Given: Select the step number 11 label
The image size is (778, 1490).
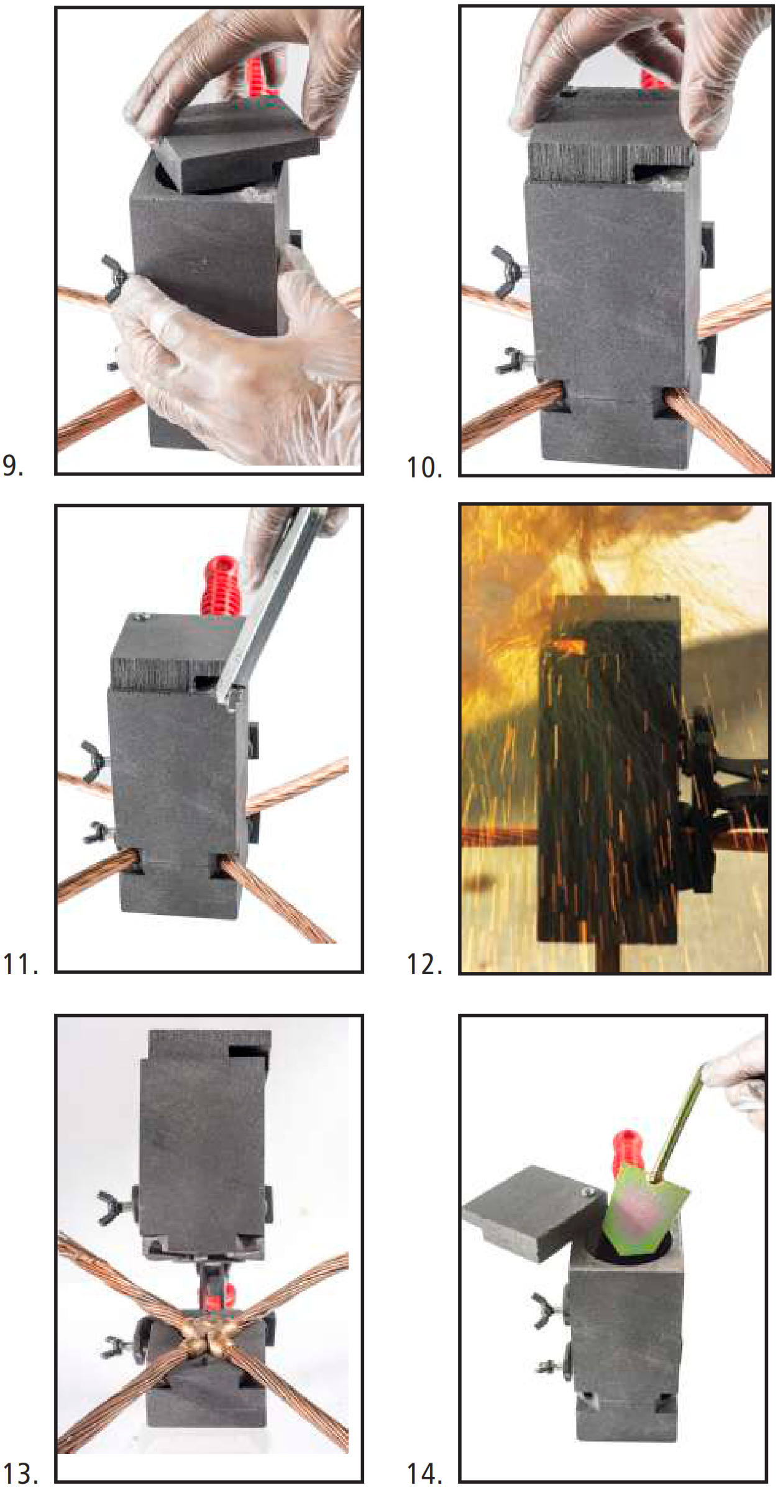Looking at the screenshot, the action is (x=20, y=964).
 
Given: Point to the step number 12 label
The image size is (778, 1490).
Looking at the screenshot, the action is (x=424, y=964).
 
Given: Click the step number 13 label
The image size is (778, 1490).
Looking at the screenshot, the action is (x=21, y=1473).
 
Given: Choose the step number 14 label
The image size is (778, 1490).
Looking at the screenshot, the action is (x=424, y=1473).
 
